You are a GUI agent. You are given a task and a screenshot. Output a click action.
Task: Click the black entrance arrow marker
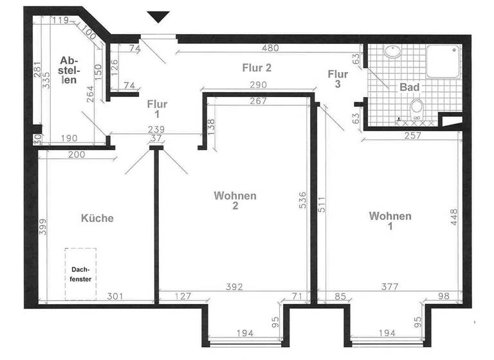coord(158,17)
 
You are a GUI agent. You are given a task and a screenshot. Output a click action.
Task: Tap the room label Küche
coord(97,219)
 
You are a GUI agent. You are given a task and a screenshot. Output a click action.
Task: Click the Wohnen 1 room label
coord(390,221)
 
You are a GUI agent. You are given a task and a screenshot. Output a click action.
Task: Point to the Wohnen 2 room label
coord(235,201)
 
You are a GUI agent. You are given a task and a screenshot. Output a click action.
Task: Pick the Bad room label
coord(410,87)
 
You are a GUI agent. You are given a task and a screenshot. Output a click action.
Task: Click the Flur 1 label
coord(157,109)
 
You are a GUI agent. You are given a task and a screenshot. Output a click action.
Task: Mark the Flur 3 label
coord(337,78)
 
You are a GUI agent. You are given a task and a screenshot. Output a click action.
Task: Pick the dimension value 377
coord(386,287)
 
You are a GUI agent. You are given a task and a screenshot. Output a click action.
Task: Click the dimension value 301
coord(114,297)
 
